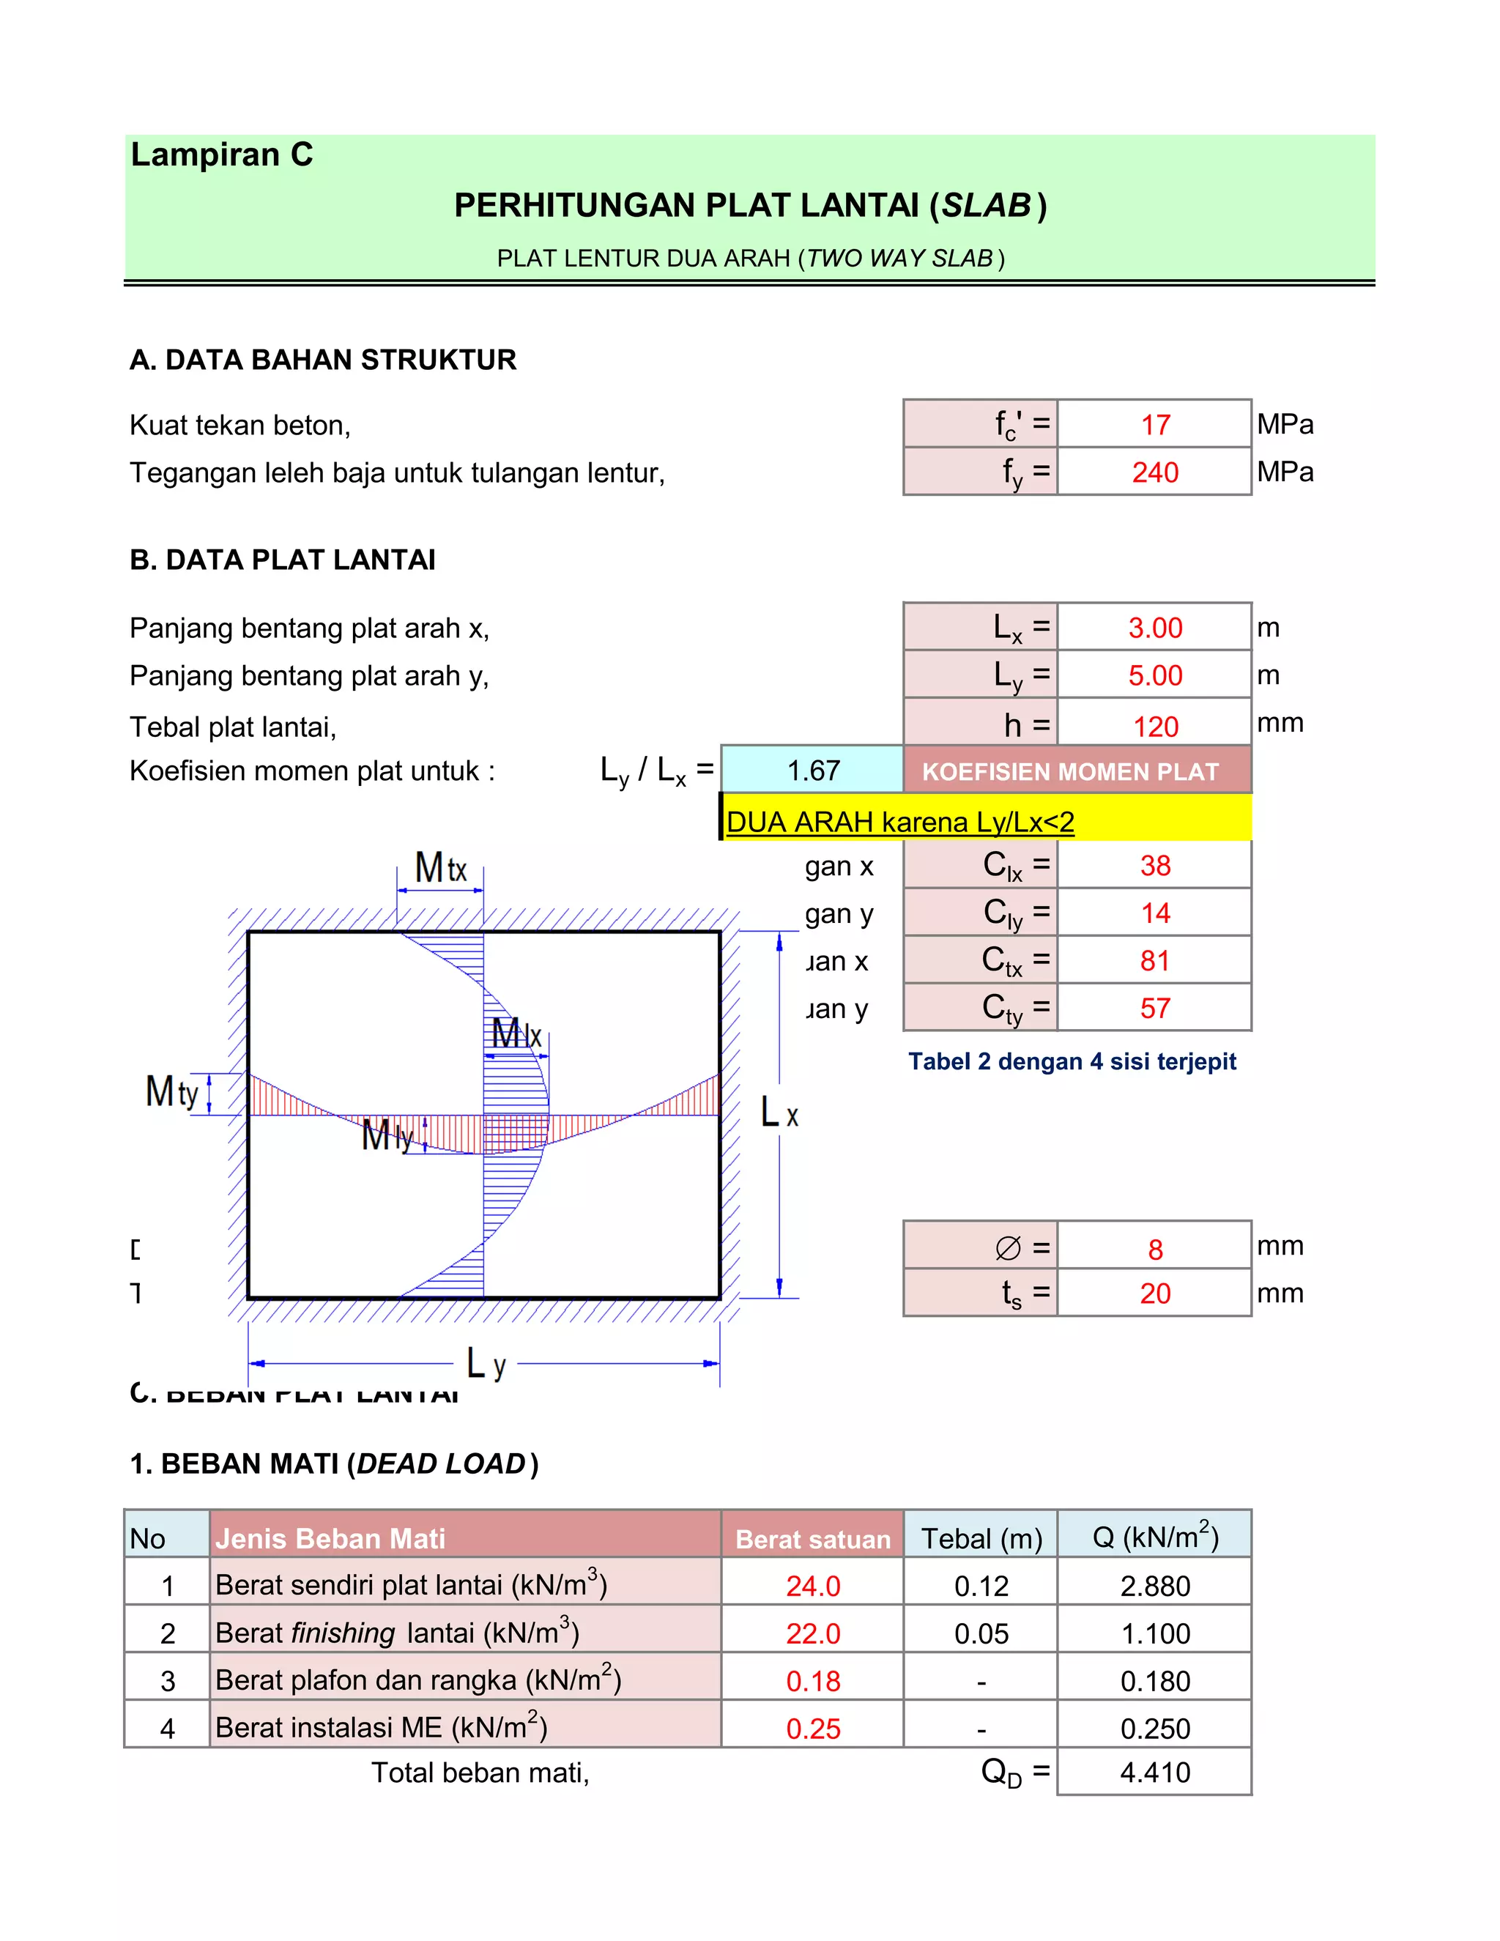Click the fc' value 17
[x=1154, y=425]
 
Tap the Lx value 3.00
[x=1154, y=628]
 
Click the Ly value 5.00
[x=1154, y=675]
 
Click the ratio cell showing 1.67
[x=812, y=770]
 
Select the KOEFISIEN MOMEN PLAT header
[x=1070, y=771]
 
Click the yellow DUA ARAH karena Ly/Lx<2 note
[x=899, y=821]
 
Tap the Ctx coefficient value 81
[x=1154, y=961]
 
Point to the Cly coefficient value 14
[x=1154, y=913]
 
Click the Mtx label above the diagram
[x=440, y=868]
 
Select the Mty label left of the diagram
[x=171, y=1092]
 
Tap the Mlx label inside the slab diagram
[x=516, y=1033]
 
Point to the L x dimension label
[x=779, y=1113]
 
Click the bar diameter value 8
[x=1154, y=1250]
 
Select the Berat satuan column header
[x=812, y=1540]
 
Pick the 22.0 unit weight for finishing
[x=812, y=1633]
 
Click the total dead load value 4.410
[x=1154, y=1772]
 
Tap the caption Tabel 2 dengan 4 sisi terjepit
[x=1072, y=1061]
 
